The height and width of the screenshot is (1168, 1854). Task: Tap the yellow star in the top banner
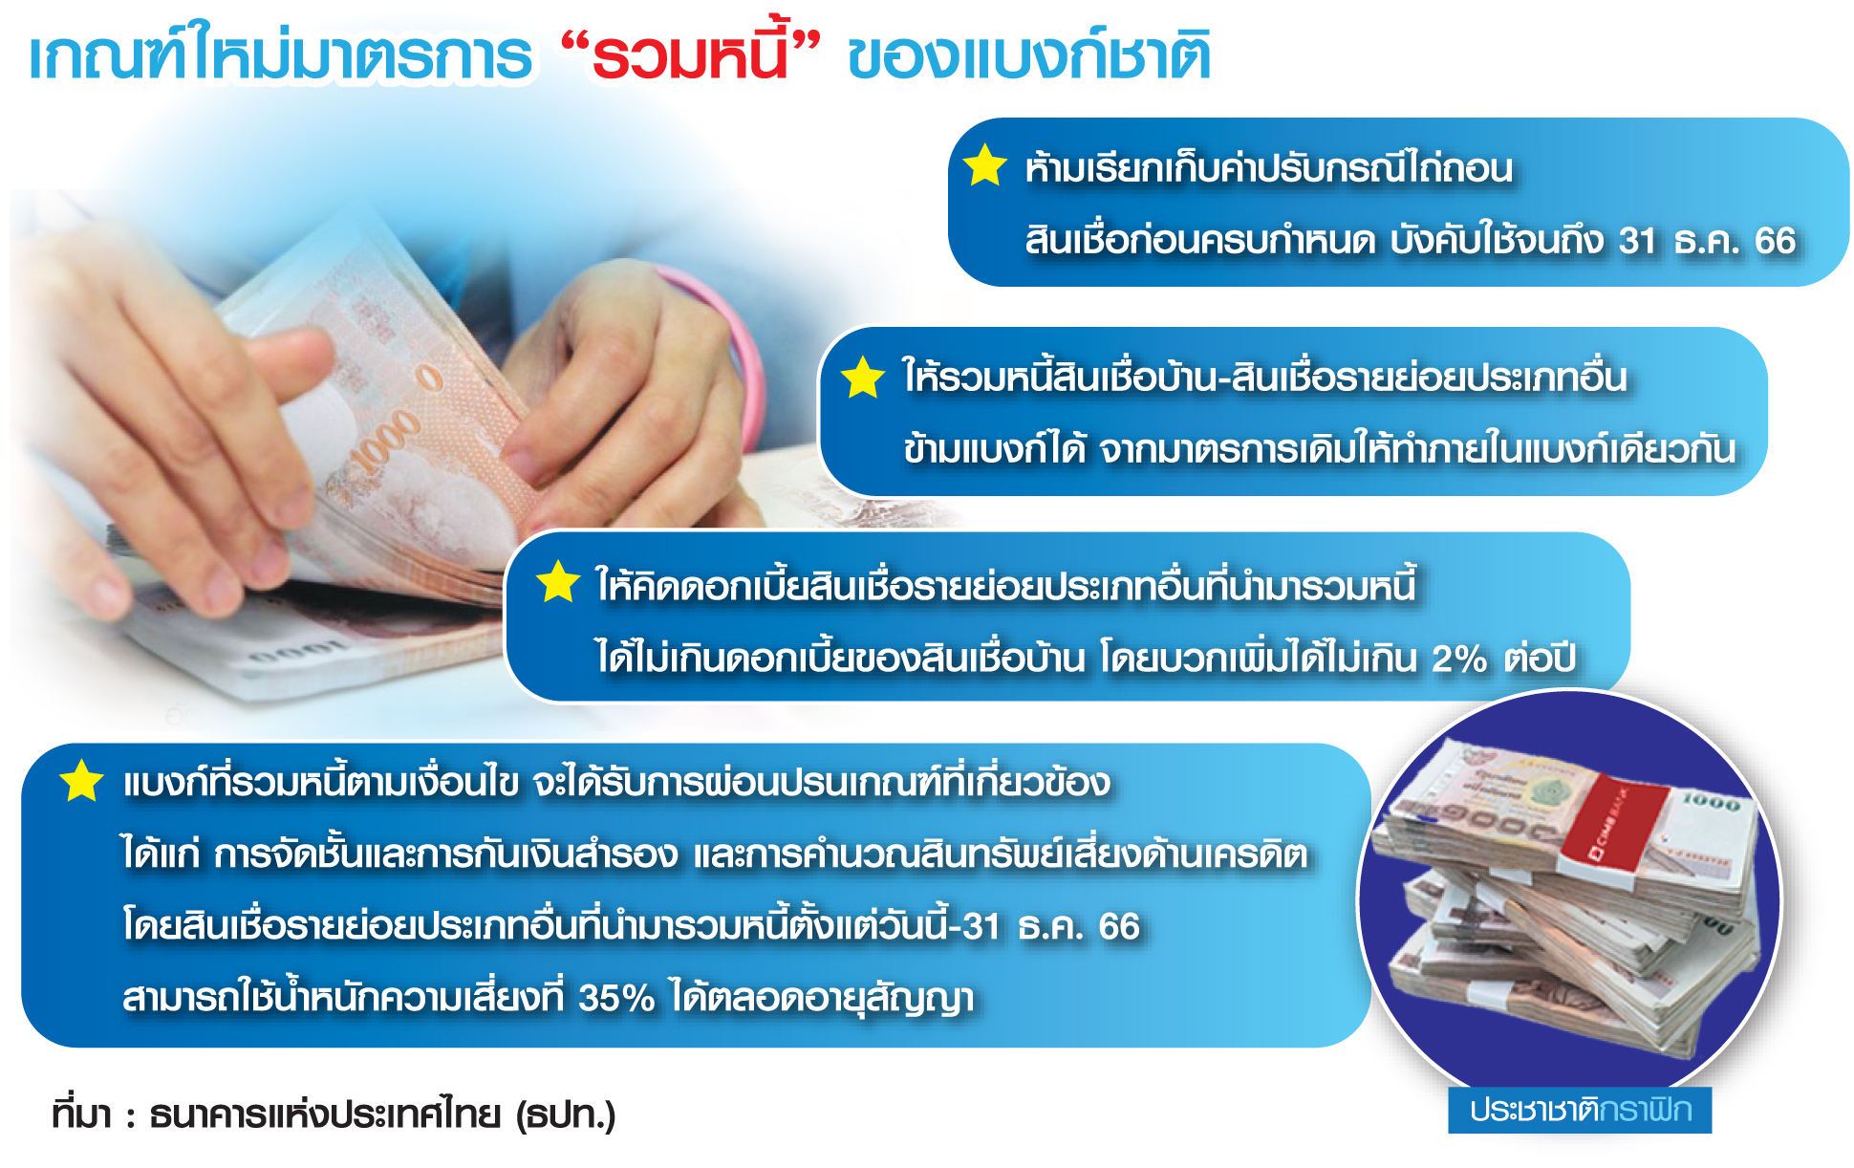point(985,165)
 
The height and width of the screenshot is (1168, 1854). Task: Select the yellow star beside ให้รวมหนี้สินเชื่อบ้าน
point(863,377)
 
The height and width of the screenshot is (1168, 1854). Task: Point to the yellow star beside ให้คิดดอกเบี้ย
point(558,582)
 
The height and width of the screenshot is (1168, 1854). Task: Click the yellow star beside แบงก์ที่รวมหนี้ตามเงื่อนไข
point(82,781)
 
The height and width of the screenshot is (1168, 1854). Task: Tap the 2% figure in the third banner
point(1459,659)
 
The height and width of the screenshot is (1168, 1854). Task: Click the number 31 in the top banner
point(1638,241)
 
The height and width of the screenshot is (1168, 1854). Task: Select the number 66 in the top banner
point(1776,241)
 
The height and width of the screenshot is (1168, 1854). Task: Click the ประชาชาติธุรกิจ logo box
point(1580,1110)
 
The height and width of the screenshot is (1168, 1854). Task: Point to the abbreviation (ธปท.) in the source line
point(566,1114)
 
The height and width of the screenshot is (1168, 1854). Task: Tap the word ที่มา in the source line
point(82,1114)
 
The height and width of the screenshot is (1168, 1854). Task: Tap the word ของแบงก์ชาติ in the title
point(1029,55)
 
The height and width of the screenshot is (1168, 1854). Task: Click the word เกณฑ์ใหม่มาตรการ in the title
point(280,55)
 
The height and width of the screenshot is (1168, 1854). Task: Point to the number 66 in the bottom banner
point(1119,926)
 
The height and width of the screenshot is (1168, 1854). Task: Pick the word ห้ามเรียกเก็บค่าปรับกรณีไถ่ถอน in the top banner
point(1269,168)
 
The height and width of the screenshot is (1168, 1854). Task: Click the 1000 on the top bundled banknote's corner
point(1711,802)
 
